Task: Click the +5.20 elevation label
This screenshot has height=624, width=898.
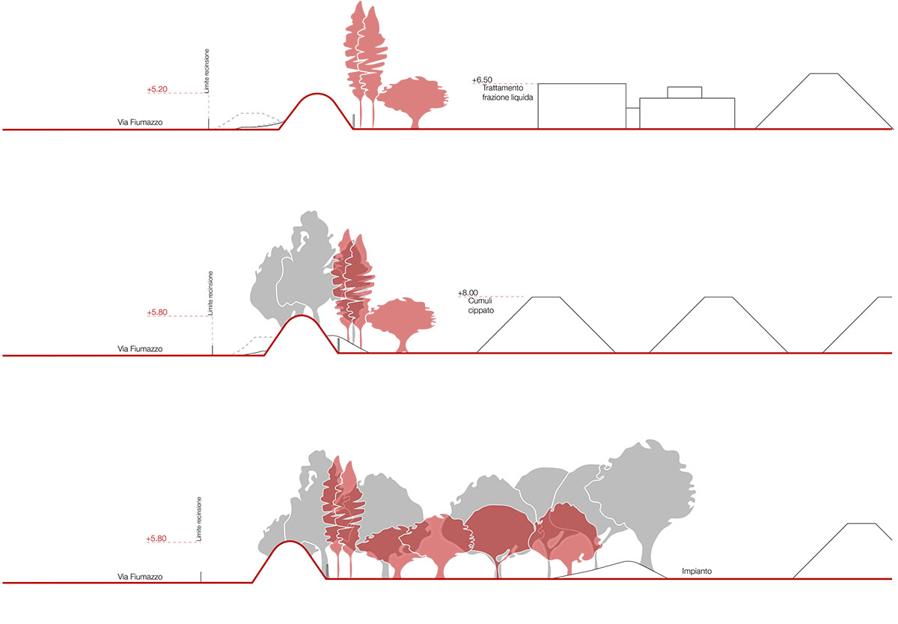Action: (158, 89)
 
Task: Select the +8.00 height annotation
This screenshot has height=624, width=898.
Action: (468, 293)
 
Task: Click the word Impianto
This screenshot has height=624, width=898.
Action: (696, 572)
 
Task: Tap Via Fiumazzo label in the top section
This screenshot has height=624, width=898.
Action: (140, 122)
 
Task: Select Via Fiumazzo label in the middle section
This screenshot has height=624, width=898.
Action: (140, 348)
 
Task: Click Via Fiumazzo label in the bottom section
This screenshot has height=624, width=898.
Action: (140, 577)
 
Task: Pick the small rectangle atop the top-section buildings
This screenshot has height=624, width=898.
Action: (684, 92)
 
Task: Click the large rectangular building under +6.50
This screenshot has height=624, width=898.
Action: (581, 106)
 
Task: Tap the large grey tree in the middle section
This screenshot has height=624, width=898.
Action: (292, 270)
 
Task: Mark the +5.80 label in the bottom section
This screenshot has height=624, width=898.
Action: (158, 539)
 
